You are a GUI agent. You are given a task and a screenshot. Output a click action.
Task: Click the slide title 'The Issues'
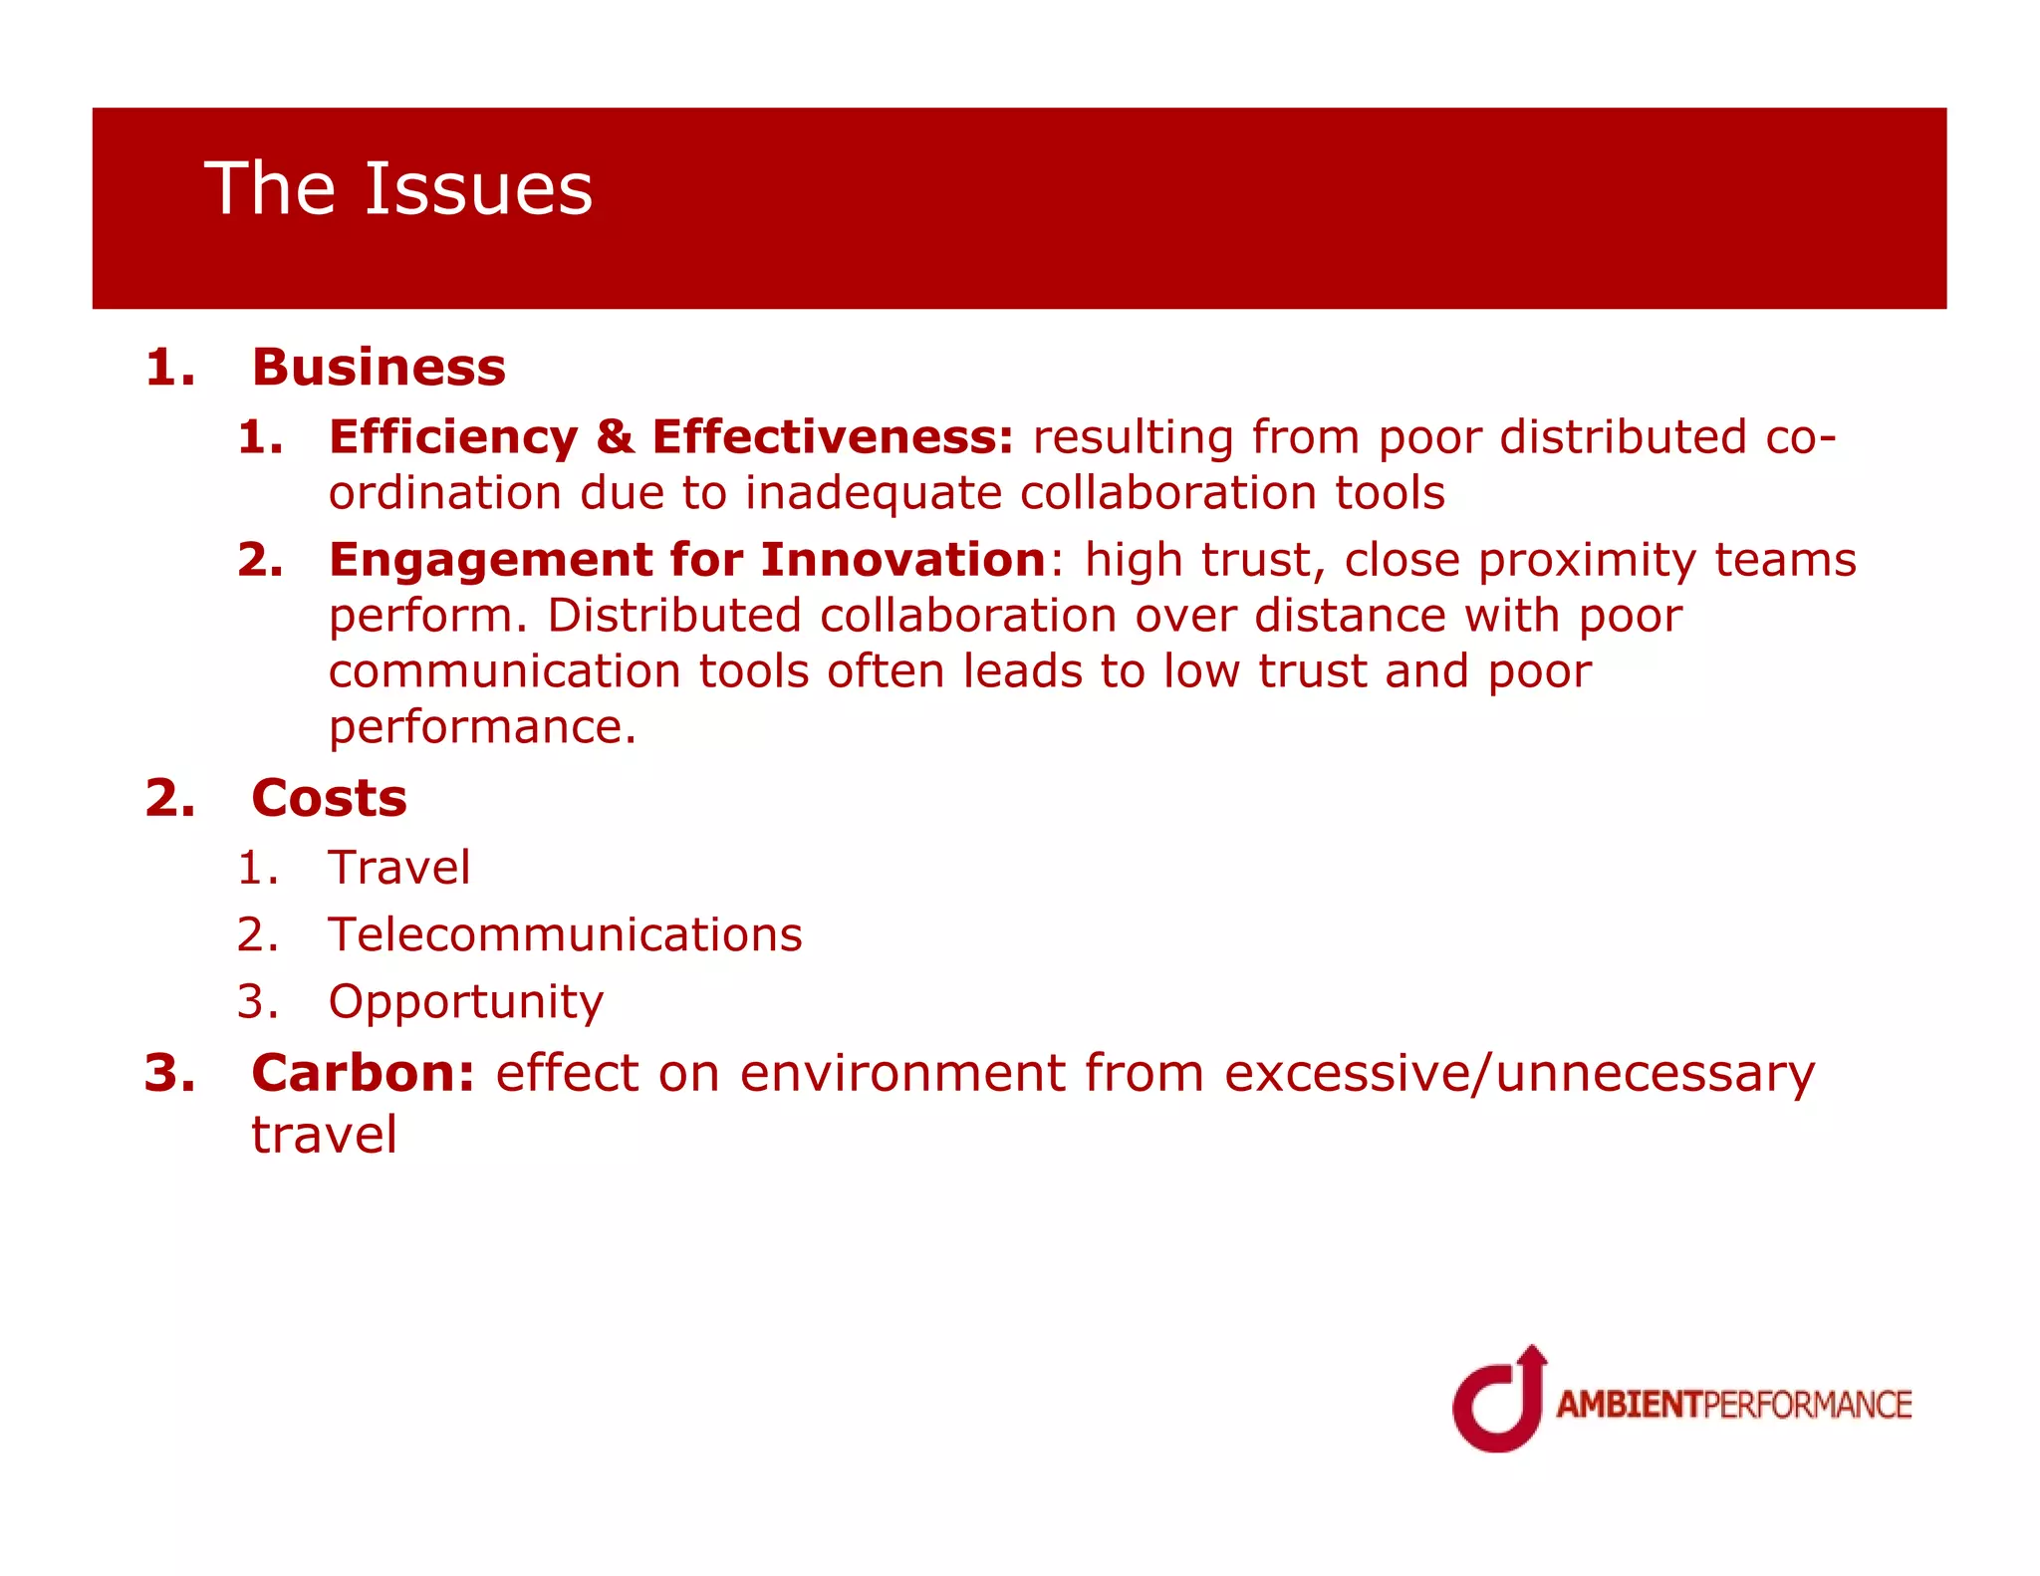(x=398, y=188)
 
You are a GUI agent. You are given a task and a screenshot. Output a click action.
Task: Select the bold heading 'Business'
(x=379, y=367)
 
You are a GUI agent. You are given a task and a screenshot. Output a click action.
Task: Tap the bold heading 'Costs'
(x=329, y=798)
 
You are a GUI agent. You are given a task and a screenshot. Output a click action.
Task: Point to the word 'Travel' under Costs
(x=398, y=867)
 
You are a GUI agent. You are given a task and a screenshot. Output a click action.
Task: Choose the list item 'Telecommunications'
(x=565, y=934)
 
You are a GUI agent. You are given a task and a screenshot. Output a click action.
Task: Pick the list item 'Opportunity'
(x=465, y=1002)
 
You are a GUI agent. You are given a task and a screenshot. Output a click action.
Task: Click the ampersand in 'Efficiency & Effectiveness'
(x=616, y=437)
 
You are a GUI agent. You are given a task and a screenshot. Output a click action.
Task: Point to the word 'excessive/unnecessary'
(x=1519, y=1073)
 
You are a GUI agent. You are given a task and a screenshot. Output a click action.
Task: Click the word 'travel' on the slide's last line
(x=324, y=1135)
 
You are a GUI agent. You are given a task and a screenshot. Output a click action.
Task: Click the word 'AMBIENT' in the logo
(x=1629, y=1405)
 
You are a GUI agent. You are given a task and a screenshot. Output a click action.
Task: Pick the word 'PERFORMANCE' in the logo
(x=1807, y=1405)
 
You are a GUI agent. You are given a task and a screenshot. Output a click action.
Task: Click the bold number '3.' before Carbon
(x=169, y=1073)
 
